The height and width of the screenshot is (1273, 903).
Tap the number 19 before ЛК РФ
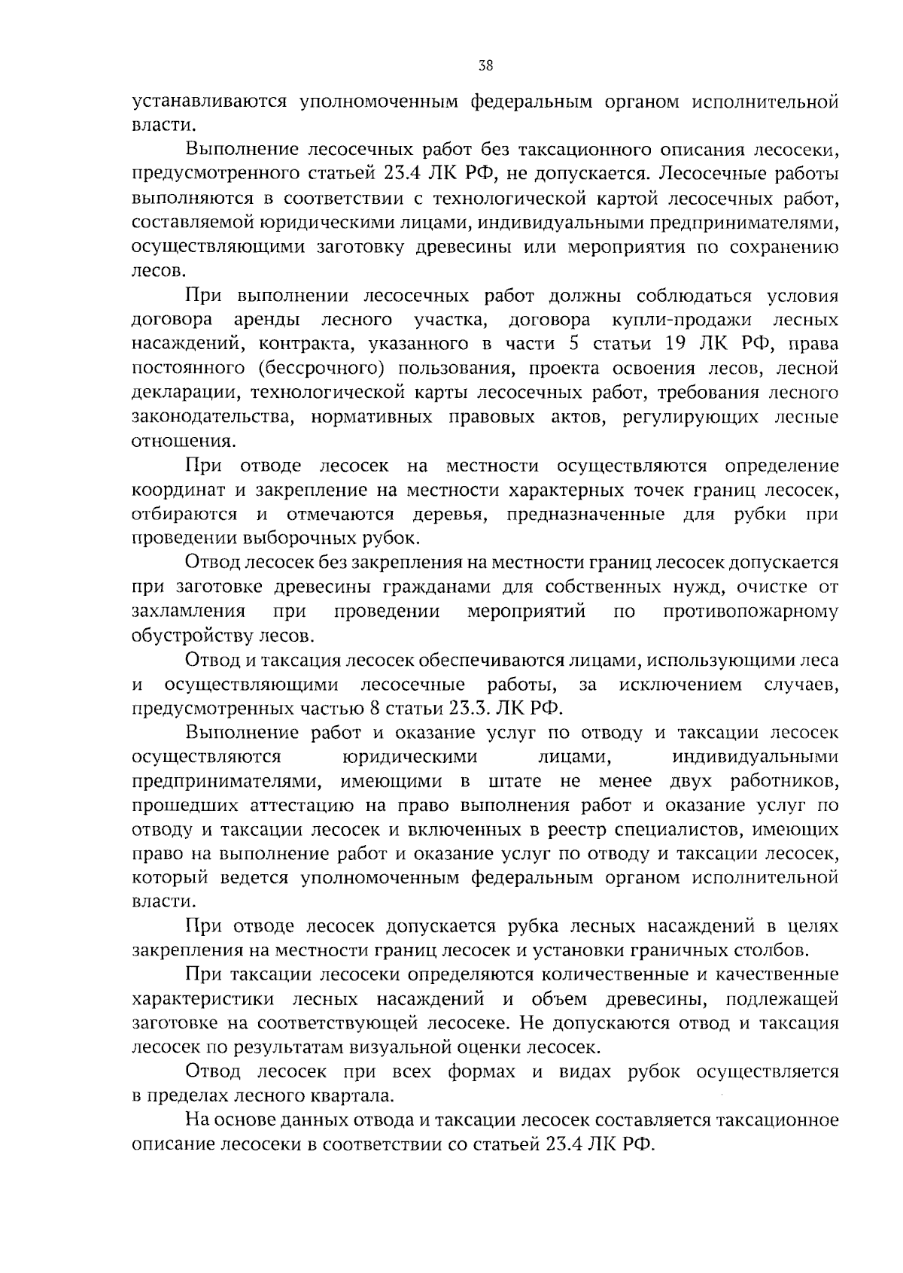coord(677,344)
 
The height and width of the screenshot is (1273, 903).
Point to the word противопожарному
coord(750,611)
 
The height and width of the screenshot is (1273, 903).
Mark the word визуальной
coord(479,1047)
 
